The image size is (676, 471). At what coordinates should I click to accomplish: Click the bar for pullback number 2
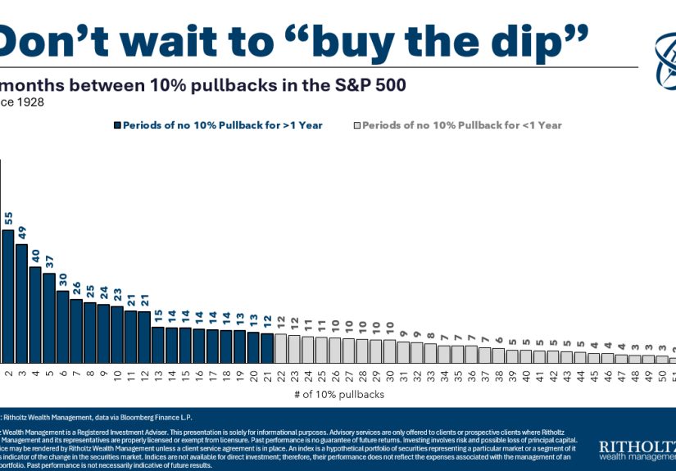point(8,296)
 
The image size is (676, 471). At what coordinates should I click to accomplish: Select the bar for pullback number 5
point(48,318)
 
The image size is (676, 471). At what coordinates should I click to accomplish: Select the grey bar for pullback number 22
point(280,348)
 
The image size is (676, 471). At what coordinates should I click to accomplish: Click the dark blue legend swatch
point(117,125)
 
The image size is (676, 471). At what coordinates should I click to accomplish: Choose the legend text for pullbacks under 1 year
point(461,125)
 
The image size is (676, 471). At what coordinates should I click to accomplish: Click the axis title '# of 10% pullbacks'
point(338,394)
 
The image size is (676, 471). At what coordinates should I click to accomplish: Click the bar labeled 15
point(158,344)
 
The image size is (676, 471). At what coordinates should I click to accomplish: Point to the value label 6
point(498,338)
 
